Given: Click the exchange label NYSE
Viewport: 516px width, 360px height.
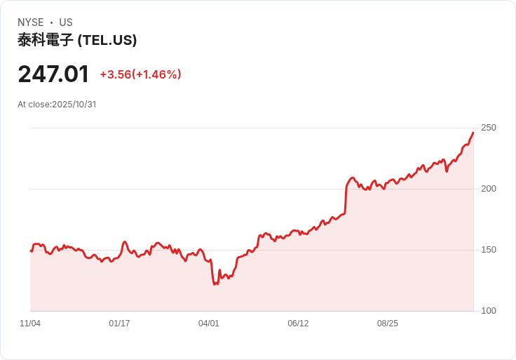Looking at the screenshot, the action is pos(31,22).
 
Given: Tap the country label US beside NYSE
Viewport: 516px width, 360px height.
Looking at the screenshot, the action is pos(66,22).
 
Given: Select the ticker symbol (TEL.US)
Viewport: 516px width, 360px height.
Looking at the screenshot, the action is pos(107,40).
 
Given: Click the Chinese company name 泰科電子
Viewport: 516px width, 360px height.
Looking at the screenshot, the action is pos(46,40).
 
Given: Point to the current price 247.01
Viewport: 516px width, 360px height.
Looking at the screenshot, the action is pos(53,74).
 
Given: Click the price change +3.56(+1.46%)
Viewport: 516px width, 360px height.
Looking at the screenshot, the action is pos(140,74).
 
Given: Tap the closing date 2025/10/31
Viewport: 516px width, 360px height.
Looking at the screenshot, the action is pos(74,105).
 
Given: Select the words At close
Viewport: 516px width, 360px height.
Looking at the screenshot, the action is pos(34,105).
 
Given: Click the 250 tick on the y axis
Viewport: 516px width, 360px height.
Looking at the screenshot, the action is pos(489,128).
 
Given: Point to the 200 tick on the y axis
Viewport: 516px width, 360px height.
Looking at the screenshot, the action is pos(489,189).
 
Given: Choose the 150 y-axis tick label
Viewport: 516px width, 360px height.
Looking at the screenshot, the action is pos(489,250).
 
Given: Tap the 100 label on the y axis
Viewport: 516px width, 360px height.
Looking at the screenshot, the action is pos(489,311).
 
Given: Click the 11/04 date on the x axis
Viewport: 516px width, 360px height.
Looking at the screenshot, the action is pos(30,323).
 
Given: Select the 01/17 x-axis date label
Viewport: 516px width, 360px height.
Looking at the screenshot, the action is pos(119,323).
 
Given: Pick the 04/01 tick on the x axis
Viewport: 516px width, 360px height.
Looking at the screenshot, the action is pos(209,323).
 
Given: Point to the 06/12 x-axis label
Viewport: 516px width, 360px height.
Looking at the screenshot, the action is pos(298,323).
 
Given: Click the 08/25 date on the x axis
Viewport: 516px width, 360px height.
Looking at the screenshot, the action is pos(387,323).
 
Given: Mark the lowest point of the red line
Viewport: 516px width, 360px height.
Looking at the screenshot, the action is pos(215,285).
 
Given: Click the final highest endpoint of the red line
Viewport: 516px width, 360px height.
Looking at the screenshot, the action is pos(473,133).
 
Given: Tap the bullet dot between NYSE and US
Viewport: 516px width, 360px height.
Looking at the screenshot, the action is pos(51,22).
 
